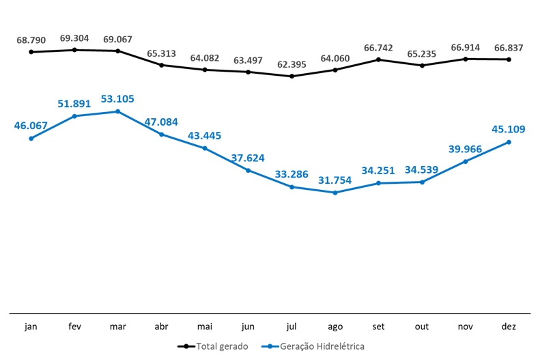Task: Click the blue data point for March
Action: point(118,111)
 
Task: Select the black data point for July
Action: point(292,76)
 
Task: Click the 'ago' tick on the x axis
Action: point(335,327)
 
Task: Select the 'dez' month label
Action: point(509,327)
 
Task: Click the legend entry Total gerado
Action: point(213,346)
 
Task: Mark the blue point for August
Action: point(335,193)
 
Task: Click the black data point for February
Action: point(75,49)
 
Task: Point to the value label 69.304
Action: point(75,38)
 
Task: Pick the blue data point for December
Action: point(509,142)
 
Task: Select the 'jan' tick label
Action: point(31,327)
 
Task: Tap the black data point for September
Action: point(379,59)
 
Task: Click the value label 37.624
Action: point(247,158)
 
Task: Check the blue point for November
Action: point(466,161)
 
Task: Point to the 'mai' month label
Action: point(205,327)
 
